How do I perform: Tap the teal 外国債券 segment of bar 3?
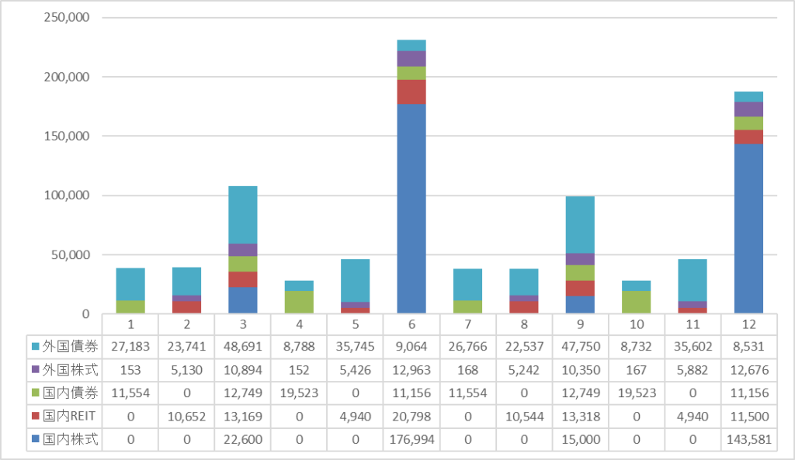point(243,215)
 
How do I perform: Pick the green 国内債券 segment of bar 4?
point(298,302)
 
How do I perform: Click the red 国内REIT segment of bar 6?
point(411,92)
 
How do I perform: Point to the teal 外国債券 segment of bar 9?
point(580,225)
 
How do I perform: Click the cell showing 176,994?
point(411,440)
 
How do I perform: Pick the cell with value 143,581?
point(749,440)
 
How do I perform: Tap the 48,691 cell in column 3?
point(242,344)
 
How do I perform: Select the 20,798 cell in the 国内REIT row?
point(411,416)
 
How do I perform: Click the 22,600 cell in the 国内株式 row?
point(242,440)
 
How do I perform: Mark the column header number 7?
point(467,322)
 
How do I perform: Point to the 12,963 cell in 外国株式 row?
point(411,368)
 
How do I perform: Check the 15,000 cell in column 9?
point(580,440)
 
